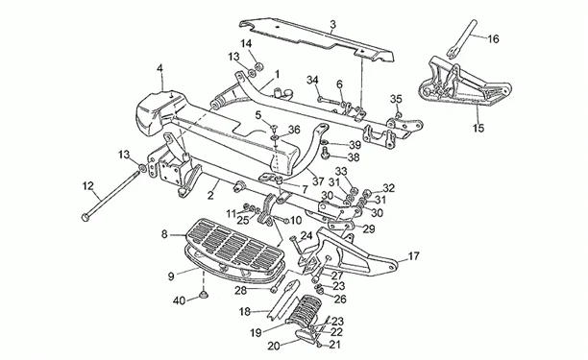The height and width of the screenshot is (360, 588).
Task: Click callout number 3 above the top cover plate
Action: click(333, 25)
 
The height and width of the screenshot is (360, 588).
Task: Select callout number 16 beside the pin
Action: click(494, 38)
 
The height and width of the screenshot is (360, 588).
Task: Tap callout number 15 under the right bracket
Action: click(478, 128)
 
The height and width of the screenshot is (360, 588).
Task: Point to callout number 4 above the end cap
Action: click(160, 68)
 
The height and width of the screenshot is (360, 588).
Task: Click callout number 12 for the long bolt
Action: click(88, 185)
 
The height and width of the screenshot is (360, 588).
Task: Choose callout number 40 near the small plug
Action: click(180, 300)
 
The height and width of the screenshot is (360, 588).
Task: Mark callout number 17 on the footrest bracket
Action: click(413, 256)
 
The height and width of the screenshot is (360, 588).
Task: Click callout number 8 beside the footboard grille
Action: click(164, 234)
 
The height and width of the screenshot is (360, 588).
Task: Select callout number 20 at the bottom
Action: click(274, 347)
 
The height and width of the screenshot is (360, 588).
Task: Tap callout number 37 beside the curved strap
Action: click(318, 181)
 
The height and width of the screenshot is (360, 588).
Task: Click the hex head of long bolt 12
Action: click(86, 217)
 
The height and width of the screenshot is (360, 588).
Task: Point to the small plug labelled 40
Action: click(205, 295)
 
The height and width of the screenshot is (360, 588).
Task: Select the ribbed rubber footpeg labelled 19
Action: click(304, 309)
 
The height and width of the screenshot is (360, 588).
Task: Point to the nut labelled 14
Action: click(258, 67)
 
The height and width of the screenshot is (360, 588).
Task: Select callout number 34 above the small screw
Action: click(313, 80)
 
